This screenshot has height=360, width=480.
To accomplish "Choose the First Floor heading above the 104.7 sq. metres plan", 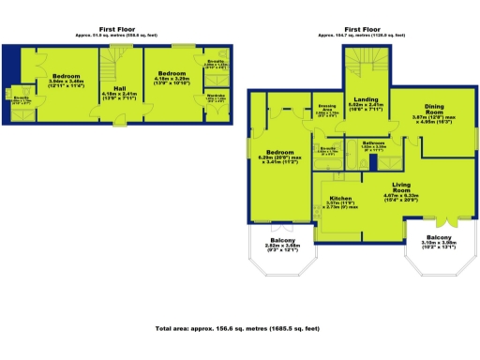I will (x=362, y=29).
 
